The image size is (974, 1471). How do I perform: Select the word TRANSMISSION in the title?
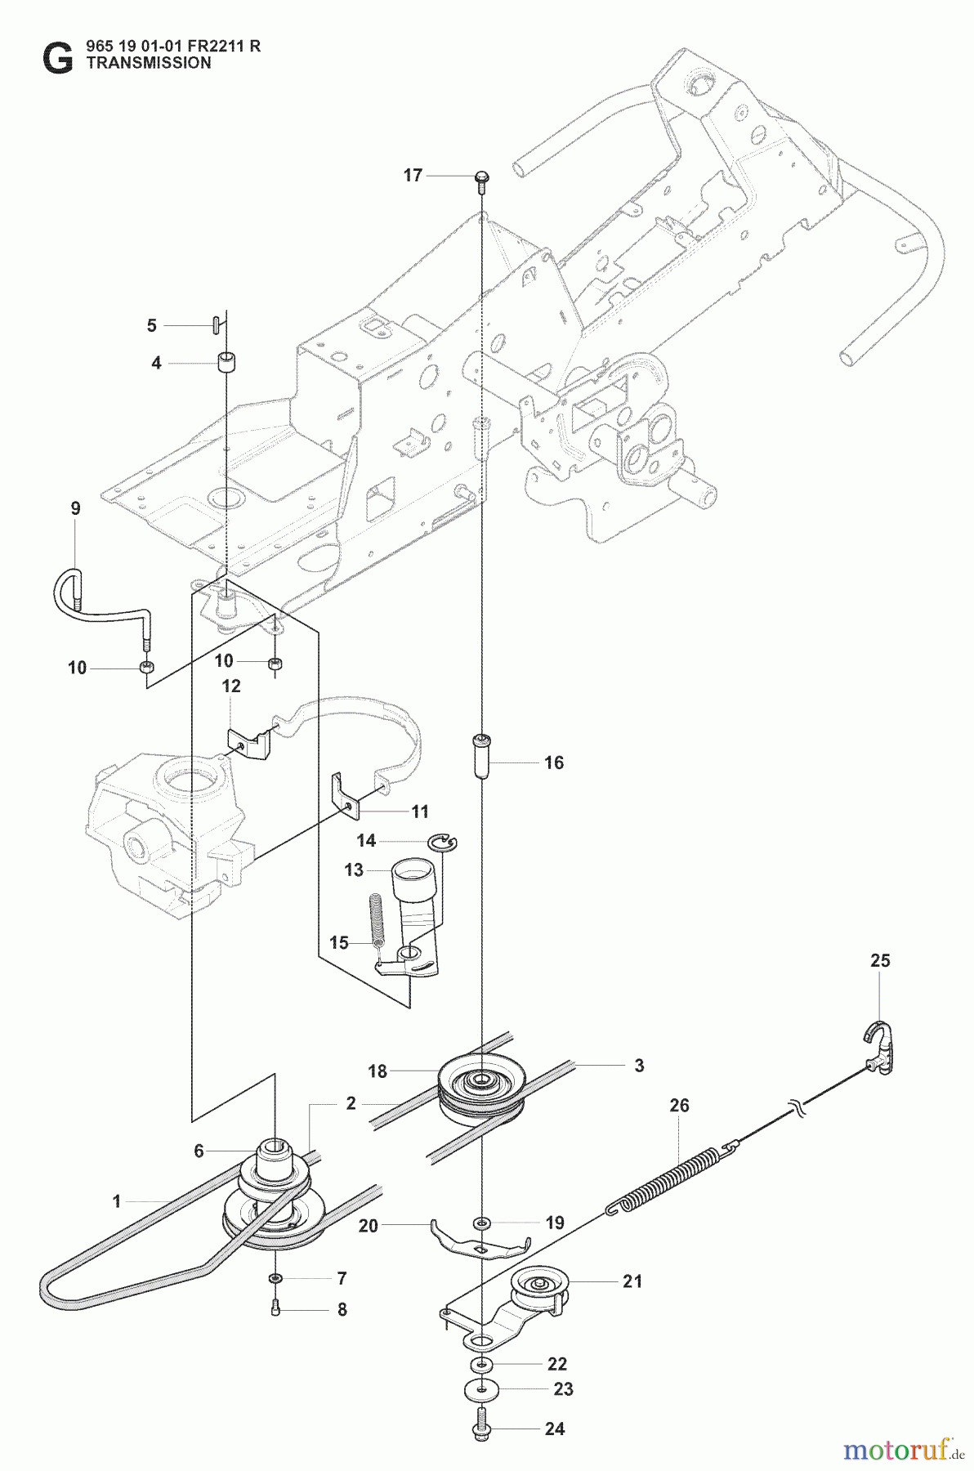[x=149, y=63]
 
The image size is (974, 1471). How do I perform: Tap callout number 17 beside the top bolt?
[x=413, y=175]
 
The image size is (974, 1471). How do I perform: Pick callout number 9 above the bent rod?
[x=75, y=508]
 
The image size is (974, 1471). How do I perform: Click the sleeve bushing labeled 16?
[x=481, y=758]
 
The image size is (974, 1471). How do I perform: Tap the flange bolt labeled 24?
[x=482, y=1426]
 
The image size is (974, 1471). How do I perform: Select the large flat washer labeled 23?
[x=483, y=1389]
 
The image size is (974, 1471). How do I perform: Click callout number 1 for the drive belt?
[x=117, y=1201]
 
